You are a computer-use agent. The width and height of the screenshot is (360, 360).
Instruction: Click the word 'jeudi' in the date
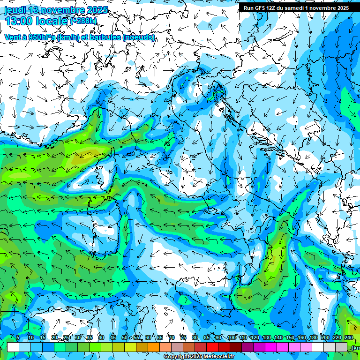(x=15, y=10)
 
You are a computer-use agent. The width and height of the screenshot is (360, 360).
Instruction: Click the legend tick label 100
(x=231, y=338)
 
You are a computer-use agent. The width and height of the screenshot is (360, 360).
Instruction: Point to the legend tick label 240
(x=348, y=338)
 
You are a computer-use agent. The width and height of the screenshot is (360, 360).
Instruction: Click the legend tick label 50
(x=125, y=338)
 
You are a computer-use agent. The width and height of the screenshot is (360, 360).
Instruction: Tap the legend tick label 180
(x=313, y=338)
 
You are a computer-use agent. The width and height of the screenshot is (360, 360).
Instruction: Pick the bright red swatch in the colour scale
(x=212, y=347)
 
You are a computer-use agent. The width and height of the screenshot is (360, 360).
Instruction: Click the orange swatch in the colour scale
(x=154, y=347)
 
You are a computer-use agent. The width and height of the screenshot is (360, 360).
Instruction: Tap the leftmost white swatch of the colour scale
(x=13, y=347)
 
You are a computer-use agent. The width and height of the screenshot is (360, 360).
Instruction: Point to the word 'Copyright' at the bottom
(x=177, y=357)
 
